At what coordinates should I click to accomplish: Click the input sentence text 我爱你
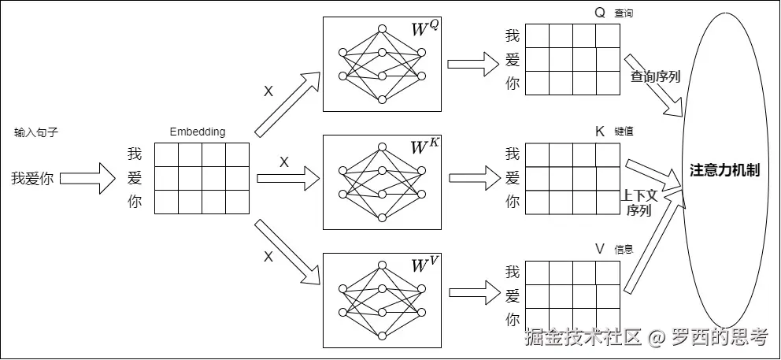click(32, 179)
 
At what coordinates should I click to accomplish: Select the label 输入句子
click(36, 132)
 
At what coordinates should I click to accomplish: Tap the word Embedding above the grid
click(198, 132)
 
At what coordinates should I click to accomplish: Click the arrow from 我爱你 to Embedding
click(87, 179)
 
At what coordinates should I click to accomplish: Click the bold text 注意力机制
click(725, 170)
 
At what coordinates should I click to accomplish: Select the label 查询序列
click(655, 76)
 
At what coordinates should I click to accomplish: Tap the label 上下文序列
click(639, 202)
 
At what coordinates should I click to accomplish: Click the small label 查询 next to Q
click(624, 13)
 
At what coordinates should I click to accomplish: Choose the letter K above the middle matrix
click(600, 132)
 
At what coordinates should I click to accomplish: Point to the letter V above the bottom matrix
click(600, 249)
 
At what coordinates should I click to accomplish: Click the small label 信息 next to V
click(624, 250)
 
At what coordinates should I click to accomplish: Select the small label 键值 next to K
click(624, 132)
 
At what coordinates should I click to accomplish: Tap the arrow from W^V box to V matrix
click(468, 293)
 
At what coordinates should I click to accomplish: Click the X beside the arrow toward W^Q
click(268, 92)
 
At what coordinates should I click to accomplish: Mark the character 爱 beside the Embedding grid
click(135, 178)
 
